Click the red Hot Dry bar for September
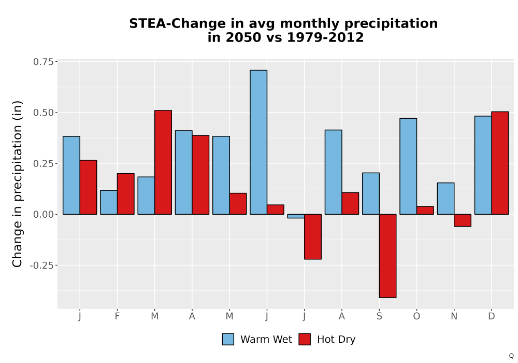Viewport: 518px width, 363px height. (387, 256)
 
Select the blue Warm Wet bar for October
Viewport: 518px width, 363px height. (408, 166)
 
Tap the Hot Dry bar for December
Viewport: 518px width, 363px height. (500, 163)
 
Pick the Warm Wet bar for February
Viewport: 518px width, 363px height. (109, 202)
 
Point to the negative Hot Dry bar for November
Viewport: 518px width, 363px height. (463, 220)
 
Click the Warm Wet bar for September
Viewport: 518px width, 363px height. (371, 193)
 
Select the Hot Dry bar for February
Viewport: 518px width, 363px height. (125, 194)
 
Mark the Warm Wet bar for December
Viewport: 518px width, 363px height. (483, 165)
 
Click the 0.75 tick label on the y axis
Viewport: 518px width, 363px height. (44, 62)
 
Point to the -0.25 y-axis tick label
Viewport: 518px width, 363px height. (42, 266)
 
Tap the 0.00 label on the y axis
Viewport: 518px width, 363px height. (44, 215)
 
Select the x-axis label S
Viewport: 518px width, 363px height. (379, 316)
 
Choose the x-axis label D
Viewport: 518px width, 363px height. (492, 316)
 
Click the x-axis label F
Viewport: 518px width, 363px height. (117, 316)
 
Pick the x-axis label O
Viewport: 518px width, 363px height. (416, 316)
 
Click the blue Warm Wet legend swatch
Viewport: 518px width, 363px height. (228, 339)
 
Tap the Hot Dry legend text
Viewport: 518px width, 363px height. (336, 340)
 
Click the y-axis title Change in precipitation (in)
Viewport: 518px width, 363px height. (17, 184)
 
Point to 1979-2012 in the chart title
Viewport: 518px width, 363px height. (325, 37)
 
